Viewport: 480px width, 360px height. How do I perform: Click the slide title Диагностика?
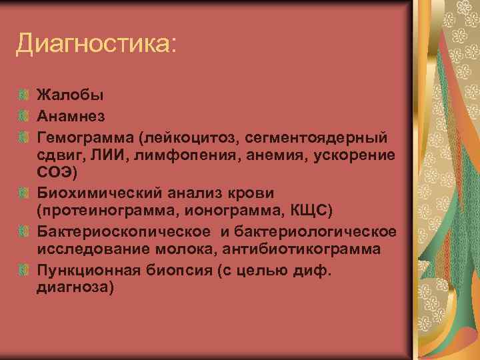coord(97,45)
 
